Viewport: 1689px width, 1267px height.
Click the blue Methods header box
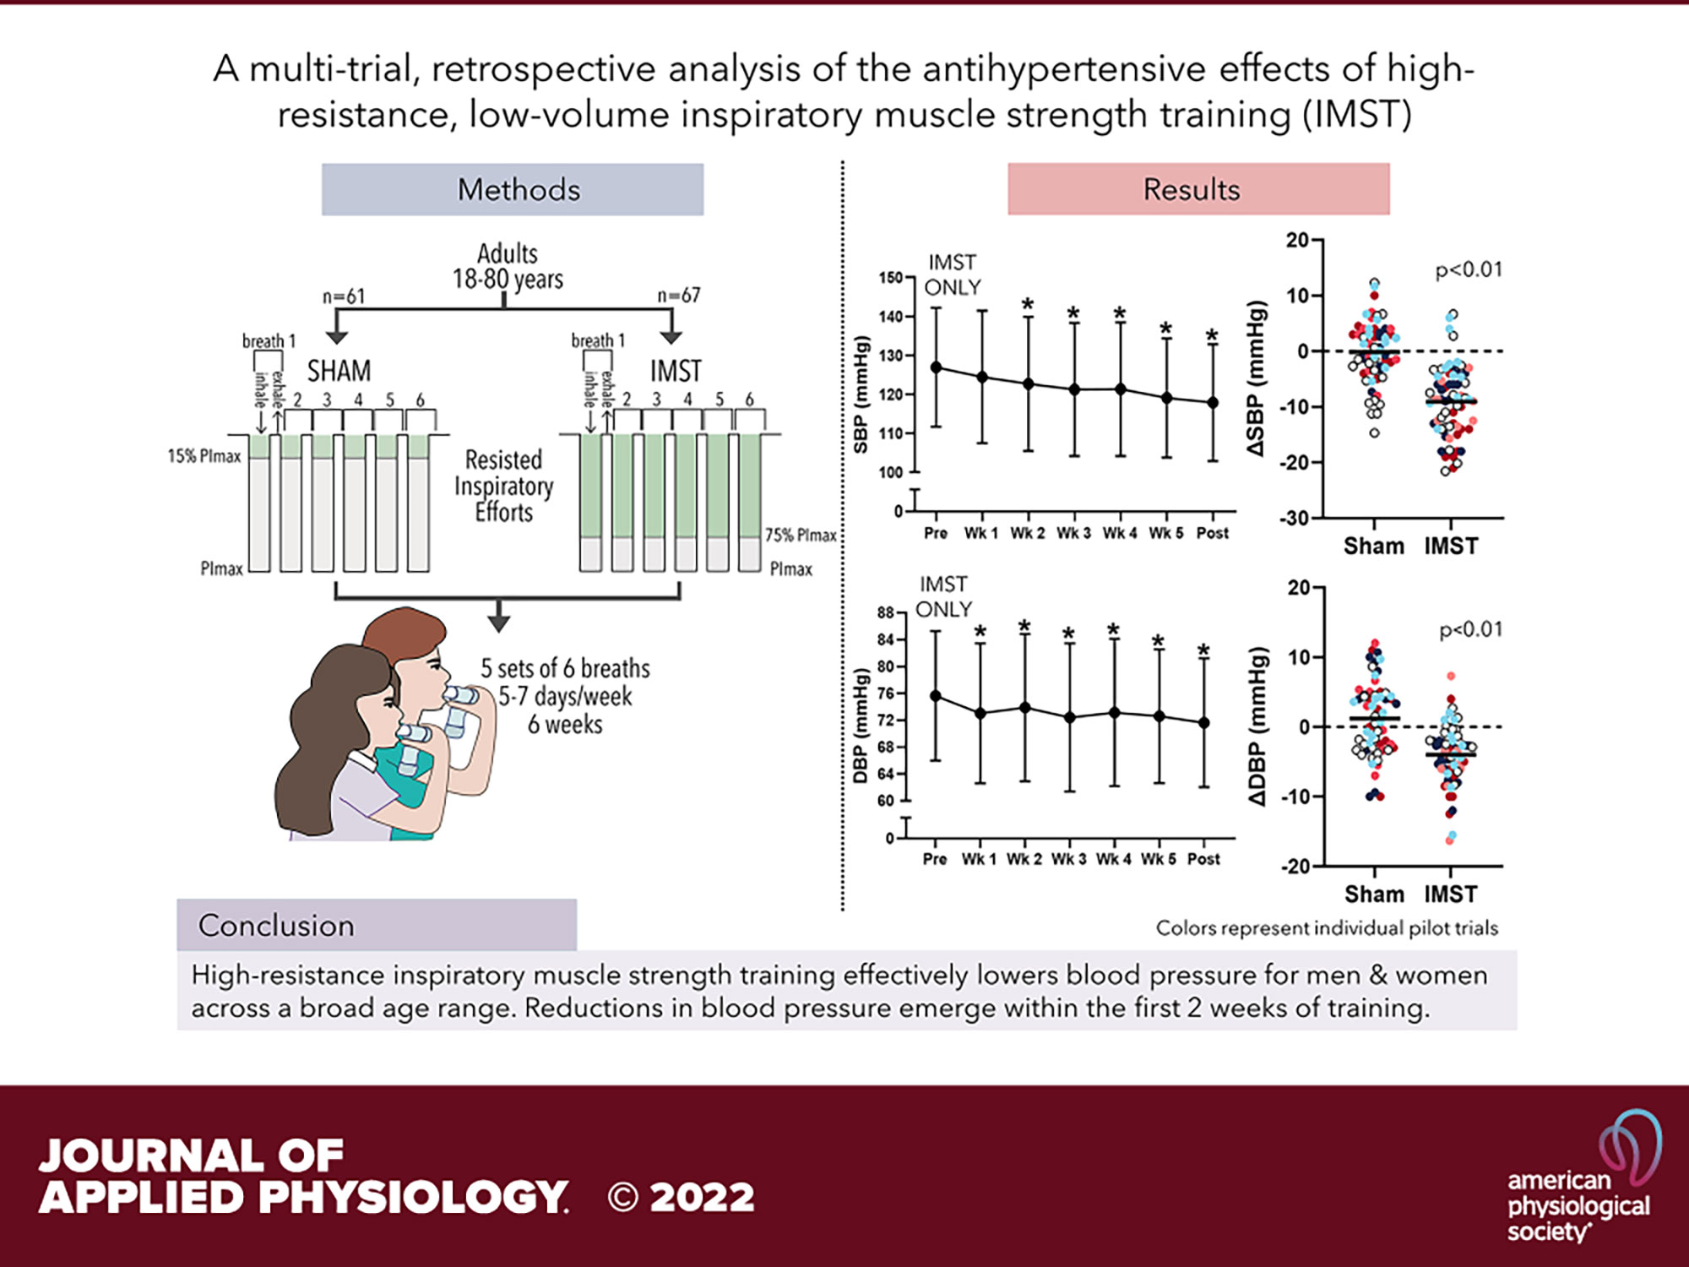coord(512,189)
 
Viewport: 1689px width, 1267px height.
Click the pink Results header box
coord(1198,189)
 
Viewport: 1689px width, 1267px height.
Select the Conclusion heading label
coord(276,926)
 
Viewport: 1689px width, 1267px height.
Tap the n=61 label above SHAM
coord(344,296)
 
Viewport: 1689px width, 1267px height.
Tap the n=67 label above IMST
coord(679,296)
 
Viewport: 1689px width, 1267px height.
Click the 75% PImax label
coord(800,536)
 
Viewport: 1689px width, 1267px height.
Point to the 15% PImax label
coord(204,456)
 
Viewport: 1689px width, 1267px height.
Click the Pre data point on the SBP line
coord(936,367)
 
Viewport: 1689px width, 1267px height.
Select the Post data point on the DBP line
coord(1204,723)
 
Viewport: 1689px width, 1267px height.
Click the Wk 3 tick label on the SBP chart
coord(1073,534)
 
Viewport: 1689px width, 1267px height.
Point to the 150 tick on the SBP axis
coord(890,278)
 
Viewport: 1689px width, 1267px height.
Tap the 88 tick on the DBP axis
coord(885,613)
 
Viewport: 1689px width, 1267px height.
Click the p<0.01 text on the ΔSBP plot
coord(1469,270)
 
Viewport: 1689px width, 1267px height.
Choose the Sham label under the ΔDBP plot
coord(1374,894)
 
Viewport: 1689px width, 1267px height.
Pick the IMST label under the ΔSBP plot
coord(1451,546)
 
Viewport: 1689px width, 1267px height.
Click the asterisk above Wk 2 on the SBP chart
coord(1028,305)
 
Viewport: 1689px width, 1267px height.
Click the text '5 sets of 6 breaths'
coord(565,669)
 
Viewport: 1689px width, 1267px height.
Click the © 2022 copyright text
coord(681,1198)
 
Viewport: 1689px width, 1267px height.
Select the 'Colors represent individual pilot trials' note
coord(1327,928)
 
